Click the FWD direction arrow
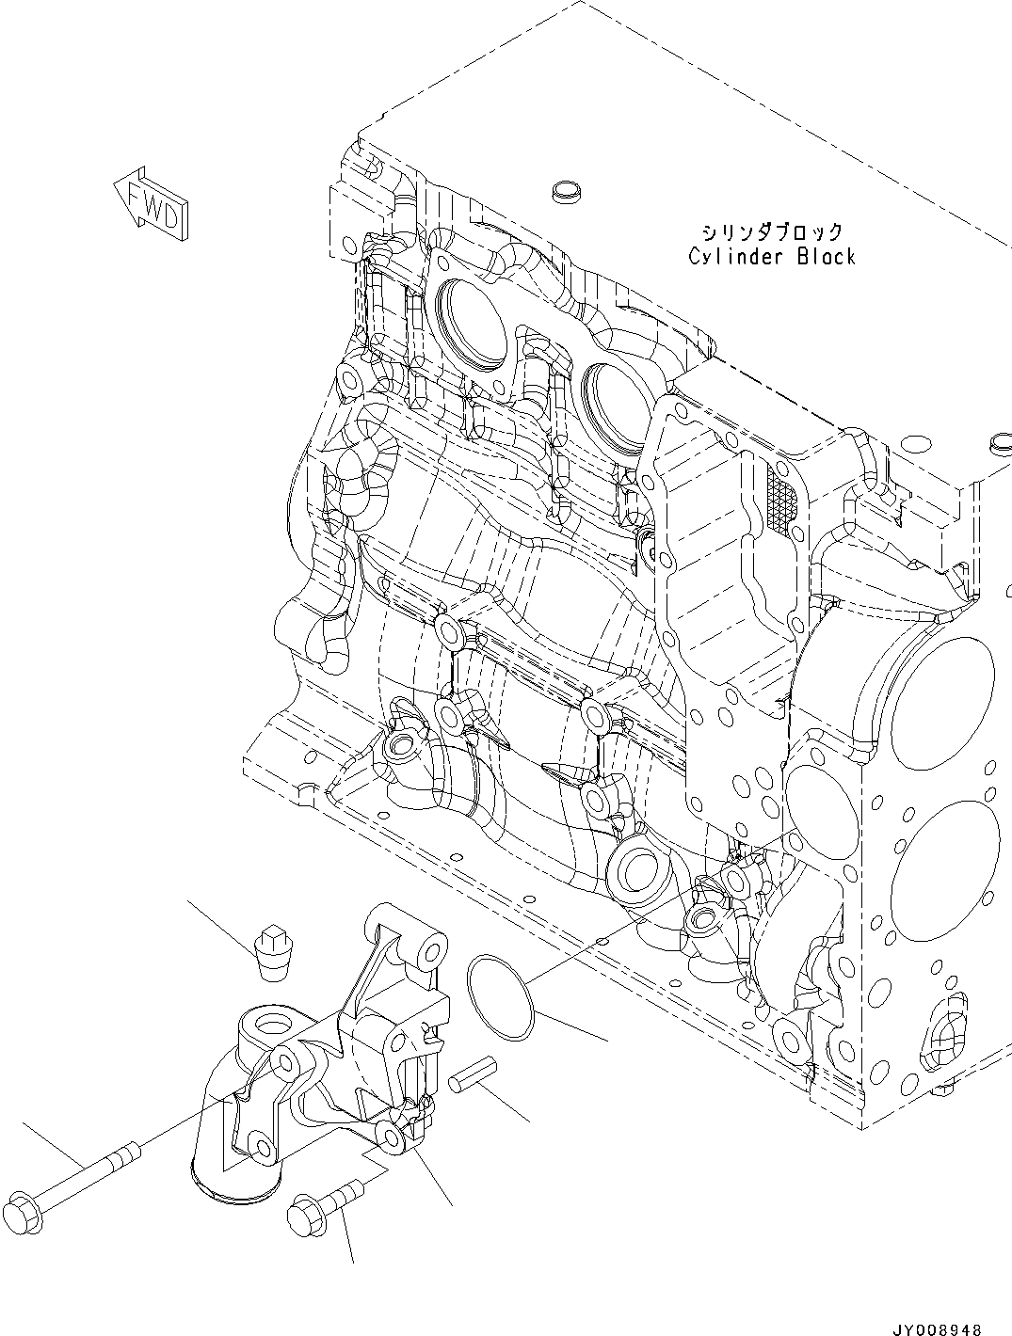point(151,200)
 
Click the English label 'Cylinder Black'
point(771,256)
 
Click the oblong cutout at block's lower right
point(941,1033)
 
